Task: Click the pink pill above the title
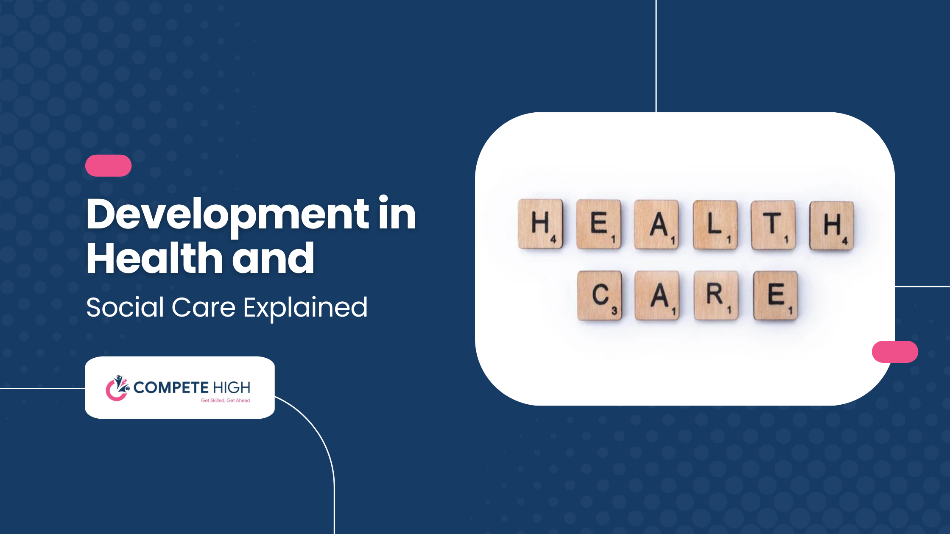point(108,166)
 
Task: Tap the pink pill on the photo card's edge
point(895,352)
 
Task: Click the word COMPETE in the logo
point(171,387)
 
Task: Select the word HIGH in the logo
point(232,387)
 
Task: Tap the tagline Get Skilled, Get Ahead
point(225,400)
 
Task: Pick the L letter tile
point(715,225)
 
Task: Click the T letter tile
point(773,225)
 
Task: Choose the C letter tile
point(600,295)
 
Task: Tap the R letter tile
point(716,295)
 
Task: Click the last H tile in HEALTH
point(832,225)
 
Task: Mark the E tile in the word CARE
point(776,295)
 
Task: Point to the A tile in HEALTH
point(657,225)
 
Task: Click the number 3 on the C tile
point(614,311)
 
